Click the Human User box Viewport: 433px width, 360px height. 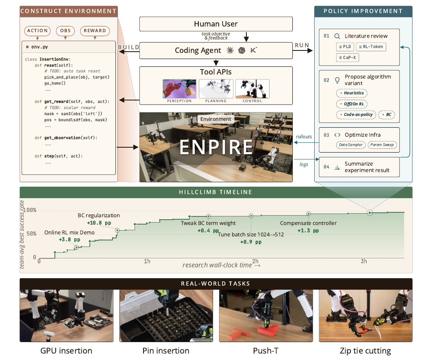(x=216, y=24)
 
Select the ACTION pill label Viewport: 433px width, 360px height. (x=37, y=31)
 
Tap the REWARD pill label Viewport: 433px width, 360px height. (x=95, y=31)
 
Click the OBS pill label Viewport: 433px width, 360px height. (x=65, y=31)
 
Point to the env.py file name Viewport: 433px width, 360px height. (x=39, y=47)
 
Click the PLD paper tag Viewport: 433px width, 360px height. (x=345, y=47)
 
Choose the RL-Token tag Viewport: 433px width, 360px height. (x=371, y=47)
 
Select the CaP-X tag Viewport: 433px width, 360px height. (x=347, y=57)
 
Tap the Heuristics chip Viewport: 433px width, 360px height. (x=352, y=93)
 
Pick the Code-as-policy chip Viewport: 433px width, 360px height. (x=356, y=115)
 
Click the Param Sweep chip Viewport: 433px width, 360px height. (x=382, y=145)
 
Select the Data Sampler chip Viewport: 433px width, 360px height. (x=351, y=145)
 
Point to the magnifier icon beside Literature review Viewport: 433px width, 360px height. (x=337, y=36)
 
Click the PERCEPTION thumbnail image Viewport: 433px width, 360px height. (x=179, y=89)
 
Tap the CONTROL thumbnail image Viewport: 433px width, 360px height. (x=252, y=89)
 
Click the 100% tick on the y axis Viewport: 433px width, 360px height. (x=30, y=210)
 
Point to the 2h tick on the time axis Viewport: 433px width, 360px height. (x=255, y=261)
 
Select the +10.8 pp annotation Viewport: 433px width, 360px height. (x=99, y=223)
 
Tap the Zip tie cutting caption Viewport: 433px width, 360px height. (x=366, y=351)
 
